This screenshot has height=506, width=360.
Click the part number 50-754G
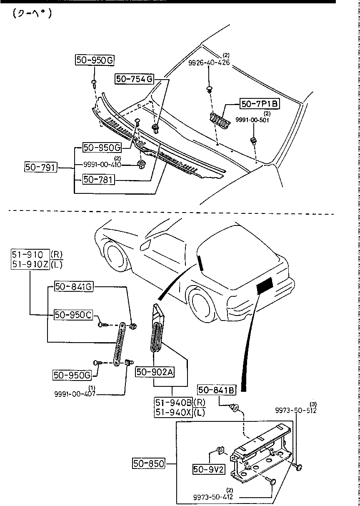[135, 79]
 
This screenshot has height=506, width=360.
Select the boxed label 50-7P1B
[259, 104]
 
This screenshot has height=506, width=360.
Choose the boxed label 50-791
[40, 168]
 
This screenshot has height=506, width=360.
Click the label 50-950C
[73, 315]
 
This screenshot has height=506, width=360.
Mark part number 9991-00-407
[75, 393]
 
